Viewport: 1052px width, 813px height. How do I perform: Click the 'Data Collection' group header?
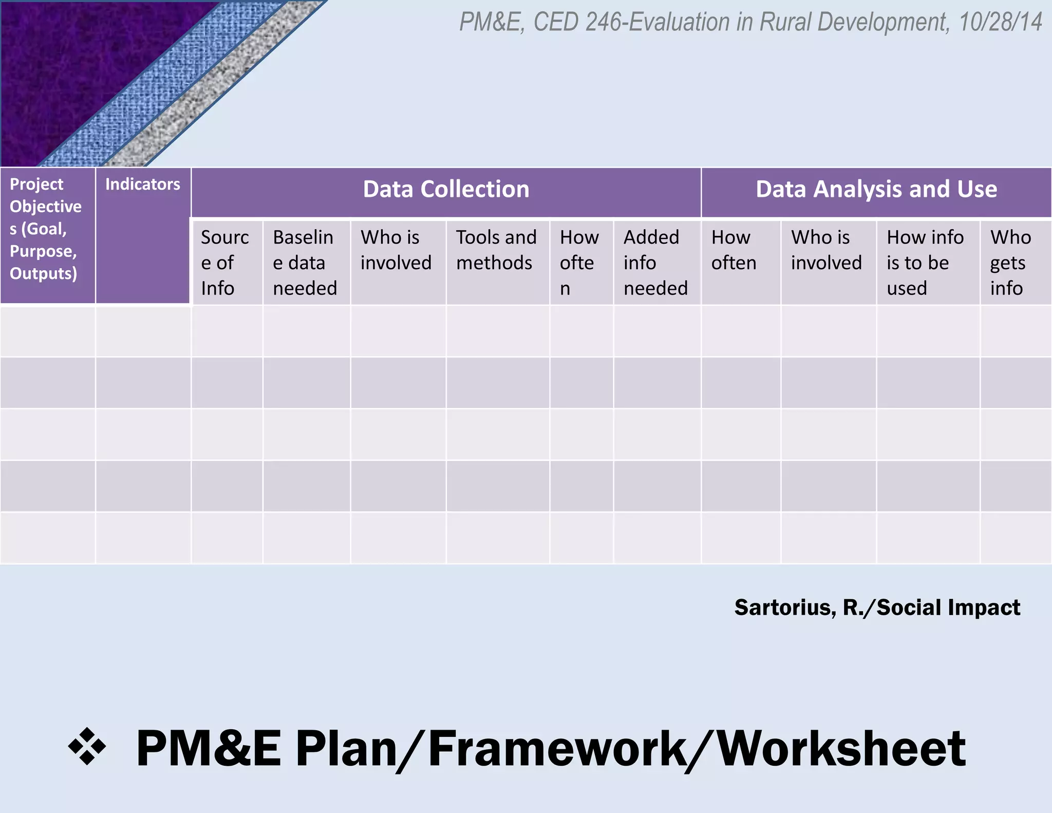446,190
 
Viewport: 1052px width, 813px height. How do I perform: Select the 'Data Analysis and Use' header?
876,190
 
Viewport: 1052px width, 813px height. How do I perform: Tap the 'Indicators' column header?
143,184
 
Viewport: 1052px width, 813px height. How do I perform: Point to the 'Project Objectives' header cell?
45,229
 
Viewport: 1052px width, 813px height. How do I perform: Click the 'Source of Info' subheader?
225,263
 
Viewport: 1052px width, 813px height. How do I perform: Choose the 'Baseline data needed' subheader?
305,263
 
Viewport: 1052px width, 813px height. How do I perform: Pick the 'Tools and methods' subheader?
496,250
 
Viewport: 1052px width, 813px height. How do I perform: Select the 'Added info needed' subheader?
655,263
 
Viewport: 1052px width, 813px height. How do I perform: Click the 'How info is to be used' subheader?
925,263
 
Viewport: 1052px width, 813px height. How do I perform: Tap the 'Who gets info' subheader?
1010,263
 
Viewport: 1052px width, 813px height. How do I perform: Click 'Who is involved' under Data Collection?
396,250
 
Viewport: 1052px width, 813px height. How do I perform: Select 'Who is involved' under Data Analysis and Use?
826,250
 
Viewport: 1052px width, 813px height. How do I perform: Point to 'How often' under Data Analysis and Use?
734,250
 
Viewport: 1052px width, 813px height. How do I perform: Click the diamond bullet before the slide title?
87,746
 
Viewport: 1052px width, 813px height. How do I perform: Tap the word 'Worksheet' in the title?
841,749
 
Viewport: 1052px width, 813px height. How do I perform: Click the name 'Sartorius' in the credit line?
785,608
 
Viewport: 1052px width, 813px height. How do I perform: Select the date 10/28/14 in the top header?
1000,22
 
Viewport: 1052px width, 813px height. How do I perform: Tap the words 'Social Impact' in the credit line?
948,608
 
